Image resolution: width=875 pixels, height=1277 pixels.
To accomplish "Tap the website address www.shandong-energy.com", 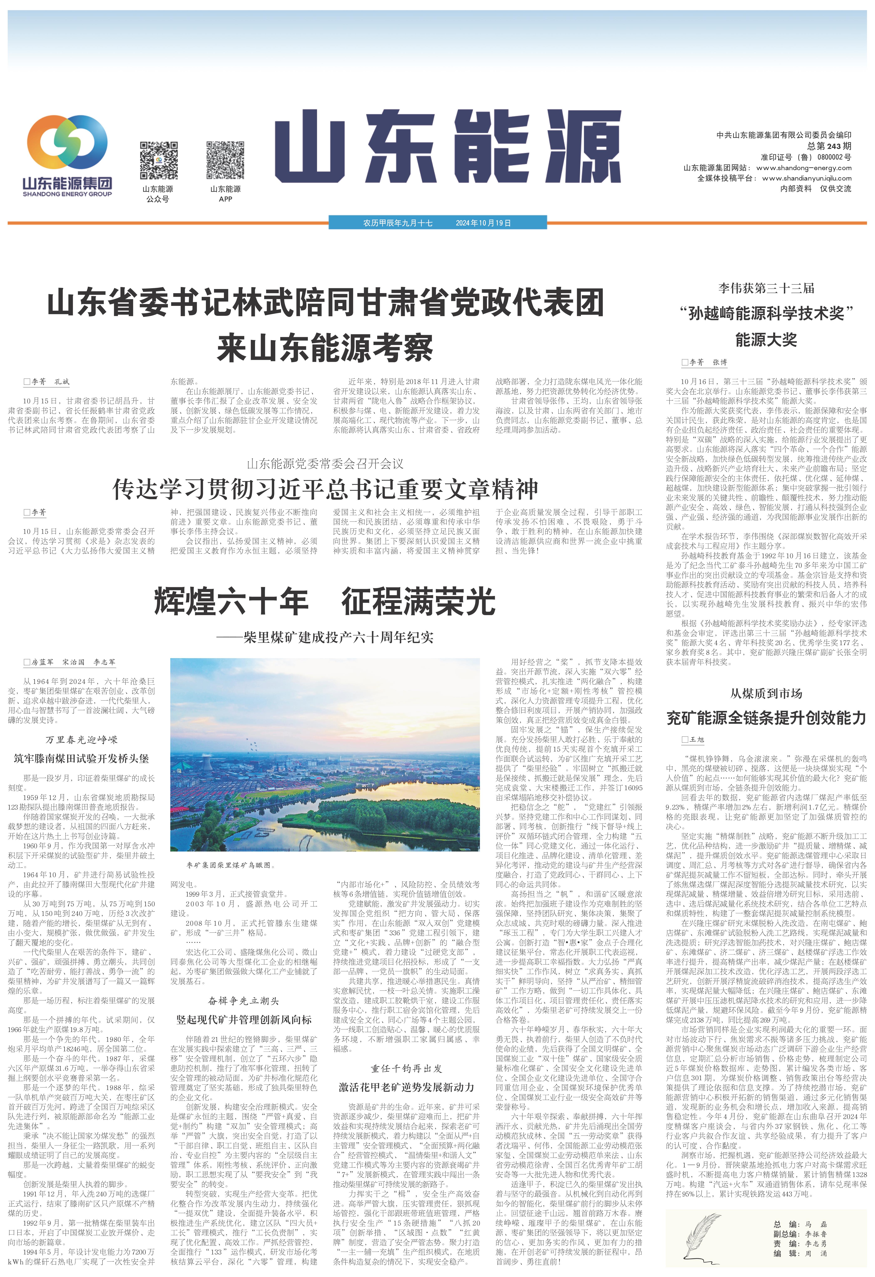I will tap(804, 168).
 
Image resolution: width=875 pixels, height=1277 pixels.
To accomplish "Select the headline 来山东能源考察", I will tap(325, 347).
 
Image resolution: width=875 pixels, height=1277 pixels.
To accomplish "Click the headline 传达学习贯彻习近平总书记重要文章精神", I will tap(325, 489).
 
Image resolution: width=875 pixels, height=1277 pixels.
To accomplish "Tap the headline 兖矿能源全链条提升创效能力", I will tap(766, 718).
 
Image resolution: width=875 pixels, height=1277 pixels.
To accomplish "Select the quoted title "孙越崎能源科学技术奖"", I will tap(766, 314).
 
